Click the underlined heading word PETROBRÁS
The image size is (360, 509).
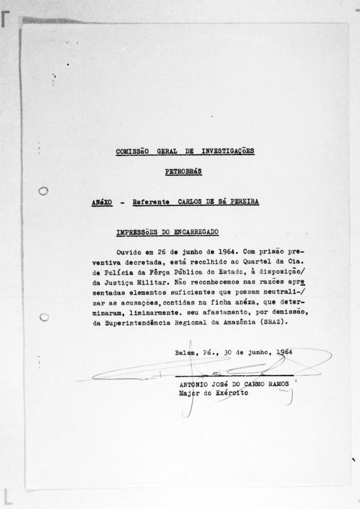point(183,172)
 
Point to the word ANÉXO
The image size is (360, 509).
point(101,202)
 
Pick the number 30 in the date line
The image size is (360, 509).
point(229,352)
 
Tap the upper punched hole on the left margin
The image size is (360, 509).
point(43,191)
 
